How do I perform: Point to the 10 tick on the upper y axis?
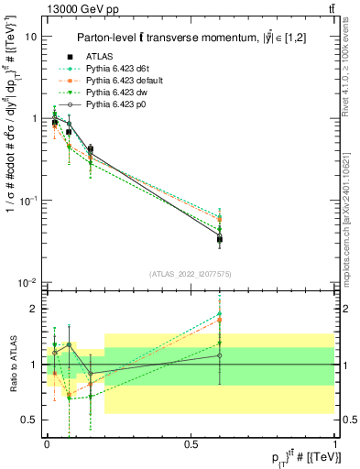click(x=31, y=38)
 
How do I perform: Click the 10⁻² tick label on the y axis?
click(x=28, y=282)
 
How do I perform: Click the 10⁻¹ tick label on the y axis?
click(x=28, y=201)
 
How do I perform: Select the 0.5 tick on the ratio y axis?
click(x=29, y=420)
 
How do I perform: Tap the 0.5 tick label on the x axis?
click(x=191, y=443)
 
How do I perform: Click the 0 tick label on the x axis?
click(x=47, y=443)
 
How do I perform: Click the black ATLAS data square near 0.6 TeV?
click(x=220, y=239)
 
